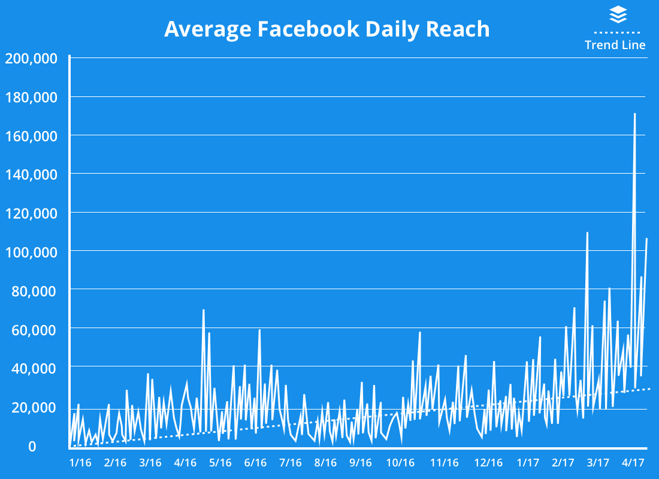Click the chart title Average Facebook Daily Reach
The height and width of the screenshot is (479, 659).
pyautogui.click(x=327, y=29)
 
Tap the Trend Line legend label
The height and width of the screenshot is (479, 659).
pyautogui.click(x=615, y=45)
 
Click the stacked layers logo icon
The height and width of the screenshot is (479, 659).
pyautogui.click(x=618, y=14)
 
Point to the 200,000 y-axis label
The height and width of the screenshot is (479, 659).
pyautogui.click(x=31, y=59)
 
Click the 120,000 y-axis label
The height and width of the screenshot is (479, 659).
pyautogui.click(x=31, y=213)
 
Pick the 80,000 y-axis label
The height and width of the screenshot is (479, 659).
pyautogui.click(x=34, y=291)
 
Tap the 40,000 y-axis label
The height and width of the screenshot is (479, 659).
pyautogui.click(x=34, y=368)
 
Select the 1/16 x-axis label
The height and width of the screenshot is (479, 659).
pyautogui.click(x=80, y=463)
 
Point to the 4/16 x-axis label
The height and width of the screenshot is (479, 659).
pyautogui.click(x=186, y=463)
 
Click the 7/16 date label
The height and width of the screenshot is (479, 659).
pyautogui.click(x=291, y=463)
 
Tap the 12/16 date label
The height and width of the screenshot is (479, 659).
pyautogui.click(x=488, y=463)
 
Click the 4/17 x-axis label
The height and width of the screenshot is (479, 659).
pyautogui.click(x=633, y=463)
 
